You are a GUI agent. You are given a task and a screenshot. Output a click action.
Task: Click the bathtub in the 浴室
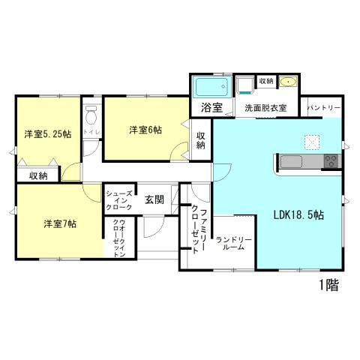[211, 86]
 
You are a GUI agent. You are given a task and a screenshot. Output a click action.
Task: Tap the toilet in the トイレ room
[91, 115]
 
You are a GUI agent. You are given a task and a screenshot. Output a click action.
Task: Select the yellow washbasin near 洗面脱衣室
[287, 81]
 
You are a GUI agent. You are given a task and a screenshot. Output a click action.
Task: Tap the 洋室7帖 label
[59, 223]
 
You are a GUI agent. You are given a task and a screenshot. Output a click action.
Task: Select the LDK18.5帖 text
[298, 214]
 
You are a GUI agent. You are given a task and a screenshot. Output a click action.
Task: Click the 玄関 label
[154, 199]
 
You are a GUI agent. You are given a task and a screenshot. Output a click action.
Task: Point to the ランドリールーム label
[234, 244]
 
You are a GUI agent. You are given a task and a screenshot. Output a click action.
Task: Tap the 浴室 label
[211, 108]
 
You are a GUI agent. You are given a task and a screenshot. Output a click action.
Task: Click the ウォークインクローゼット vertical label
[118, 238]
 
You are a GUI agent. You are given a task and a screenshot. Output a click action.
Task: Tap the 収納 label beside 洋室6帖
[201, 140]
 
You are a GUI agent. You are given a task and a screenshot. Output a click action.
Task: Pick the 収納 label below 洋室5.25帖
[39, 175]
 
